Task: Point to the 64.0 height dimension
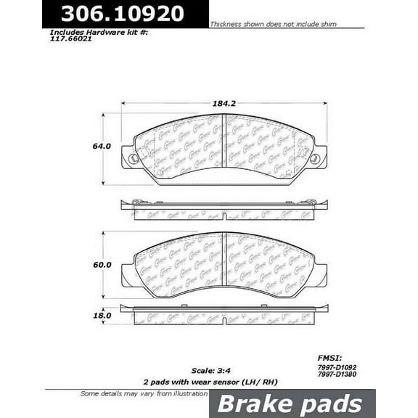[x=100, y=147]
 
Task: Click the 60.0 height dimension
[x=101, y=265]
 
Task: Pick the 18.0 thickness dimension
[x=101, y=316]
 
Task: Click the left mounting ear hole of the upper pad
[x=132, y=158]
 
